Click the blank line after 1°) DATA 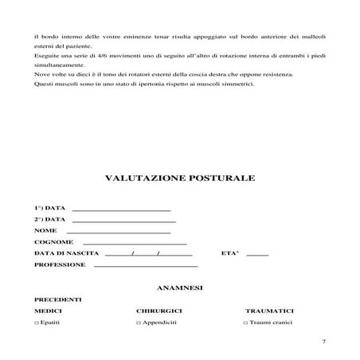(121, 209)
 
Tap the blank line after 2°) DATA (123, 220)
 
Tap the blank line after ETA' (258, 254)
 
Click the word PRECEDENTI (57, 299)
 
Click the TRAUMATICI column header (270, 311)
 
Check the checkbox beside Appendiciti (139, 323)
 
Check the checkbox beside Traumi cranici (245, 323)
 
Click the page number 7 (323, 342)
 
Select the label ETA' (229, 253)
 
